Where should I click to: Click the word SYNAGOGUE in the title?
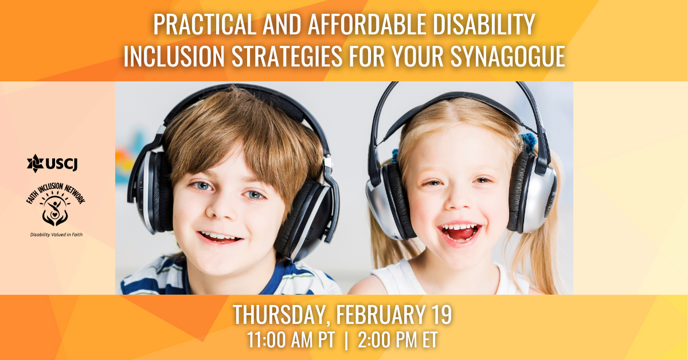tap(508, 56)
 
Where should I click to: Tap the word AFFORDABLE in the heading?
tap(367, 24)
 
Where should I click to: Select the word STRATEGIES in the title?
tap(287, 56)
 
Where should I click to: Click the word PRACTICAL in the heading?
tap(205, 24)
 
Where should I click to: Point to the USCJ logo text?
tap(61, 164)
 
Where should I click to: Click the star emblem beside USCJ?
tap(36, 163)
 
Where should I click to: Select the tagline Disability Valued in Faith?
tap(56, 234)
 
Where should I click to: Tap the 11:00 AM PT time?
tap(291, 340)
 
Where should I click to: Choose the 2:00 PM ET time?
tap(397, 340)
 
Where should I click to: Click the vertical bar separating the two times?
tap(346, 341)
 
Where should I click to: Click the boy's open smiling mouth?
tap(220, 237)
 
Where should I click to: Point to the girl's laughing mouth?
tap(459, 233)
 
